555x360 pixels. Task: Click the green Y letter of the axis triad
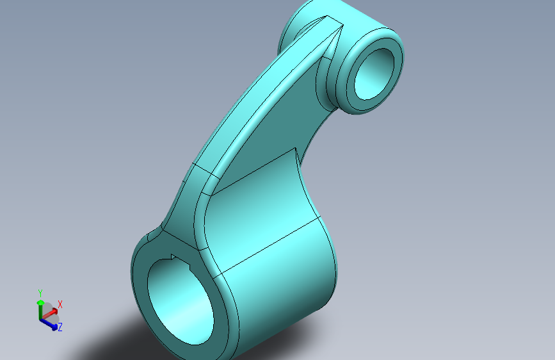point(40,293)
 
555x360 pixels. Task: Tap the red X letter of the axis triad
point(60,304)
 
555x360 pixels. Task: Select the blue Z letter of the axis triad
point(60,327)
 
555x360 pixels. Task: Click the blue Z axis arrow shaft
point(47,322)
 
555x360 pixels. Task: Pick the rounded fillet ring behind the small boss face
point(334,83)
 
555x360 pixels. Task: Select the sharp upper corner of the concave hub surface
point(296,148)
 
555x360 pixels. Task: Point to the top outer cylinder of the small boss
point(358,16)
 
